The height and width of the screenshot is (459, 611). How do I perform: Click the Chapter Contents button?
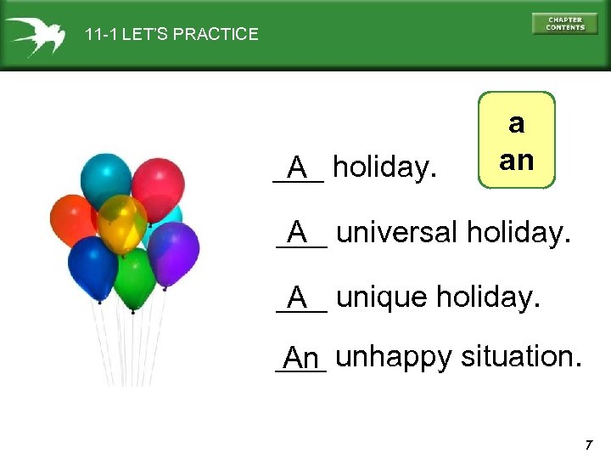pos(564,24)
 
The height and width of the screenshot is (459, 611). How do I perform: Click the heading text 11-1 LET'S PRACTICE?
pos(171,35)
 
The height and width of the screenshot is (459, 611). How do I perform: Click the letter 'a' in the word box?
pos(516,124)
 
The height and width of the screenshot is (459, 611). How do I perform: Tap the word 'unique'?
pos(381,297)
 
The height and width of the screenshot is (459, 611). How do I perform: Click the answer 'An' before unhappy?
pos(301,359)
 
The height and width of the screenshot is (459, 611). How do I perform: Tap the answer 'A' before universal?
pos(297,231)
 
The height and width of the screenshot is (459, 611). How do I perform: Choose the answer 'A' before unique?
pos(297,297)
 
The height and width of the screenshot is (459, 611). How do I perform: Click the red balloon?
pos(157,181)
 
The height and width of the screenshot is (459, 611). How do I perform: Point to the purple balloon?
pos(173,252)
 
